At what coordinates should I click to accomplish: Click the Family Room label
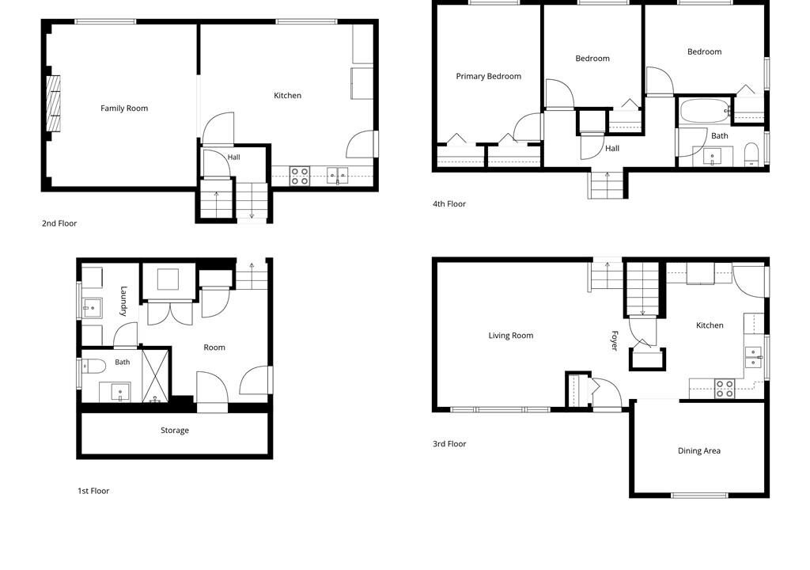pyautogui.click(x=124, y=108)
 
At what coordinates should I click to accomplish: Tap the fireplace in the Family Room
pyautogui.click(x=54, y=103)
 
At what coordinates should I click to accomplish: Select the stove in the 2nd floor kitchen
pyautogui.click(x=300, y=176)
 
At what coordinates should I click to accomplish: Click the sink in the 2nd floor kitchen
pyautogui.click(x=337, y=175)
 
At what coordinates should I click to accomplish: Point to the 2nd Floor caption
pyautogui.click(x=59, y=223)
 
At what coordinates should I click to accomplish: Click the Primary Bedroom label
pyautogui.click(x=488, y=76)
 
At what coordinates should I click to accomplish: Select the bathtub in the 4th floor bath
pyautogui.click(x=705, y=111)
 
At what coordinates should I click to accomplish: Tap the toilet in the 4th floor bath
pyautogui.click(x=751, y=154)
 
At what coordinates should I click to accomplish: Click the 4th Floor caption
pyautogui.click(x=449, y=203)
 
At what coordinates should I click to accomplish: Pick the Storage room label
pyautogui.click(x=175, y=431)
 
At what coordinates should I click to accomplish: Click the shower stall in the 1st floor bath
pyautogui.click(x=156, y=375)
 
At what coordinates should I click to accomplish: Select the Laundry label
pyautogui.click(x=123, y=301)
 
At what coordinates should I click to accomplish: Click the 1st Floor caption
pyautogui.click(x=93, y=491)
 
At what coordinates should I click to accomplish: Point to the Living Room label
pyautogui.click(x=511, y=336)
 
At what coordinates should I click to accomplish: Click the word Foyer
pyautogui.click(x=615, y=340)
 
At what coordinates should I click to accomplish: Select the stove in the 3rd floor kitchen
pyautogui.click(x=725, y=389)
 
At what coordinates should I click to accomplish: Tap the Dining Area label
pyautogui.click(x=699, y=450)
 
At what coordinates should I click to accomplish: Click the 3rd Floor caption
pyautogui.click(x=449, y=444)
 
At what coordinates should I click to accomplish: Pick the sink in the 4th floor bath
pyautogui.click(x=713, y=156)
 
